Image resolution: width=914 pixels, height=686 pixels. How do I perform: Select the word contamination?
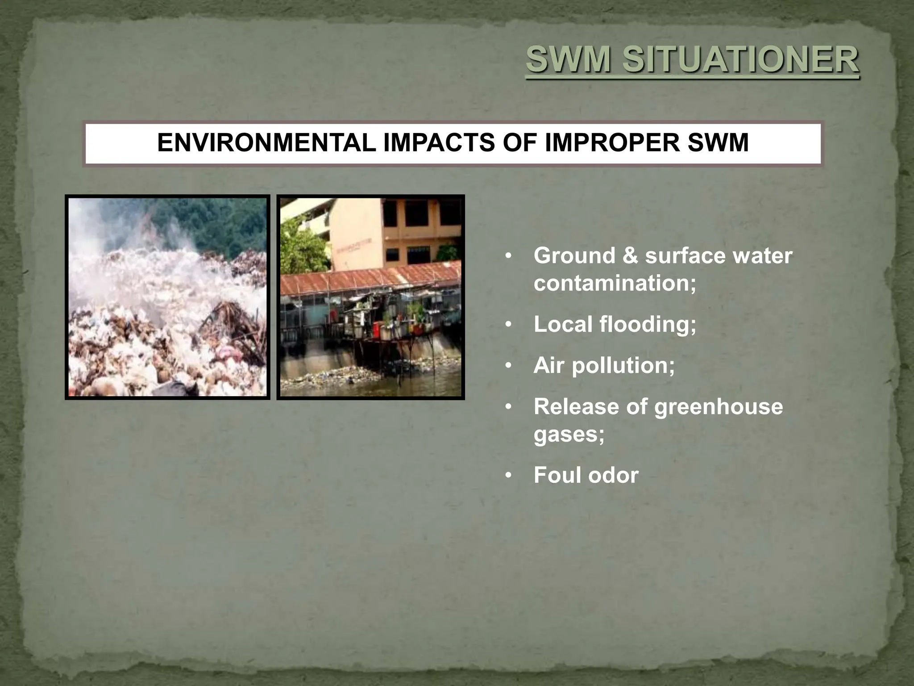click(615, 283)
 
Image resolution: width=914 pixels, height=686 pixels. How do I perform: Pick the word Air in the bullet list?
click(549, 365)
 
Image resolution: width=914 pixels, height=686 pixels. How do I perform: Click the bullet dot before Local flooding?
click(508, 325)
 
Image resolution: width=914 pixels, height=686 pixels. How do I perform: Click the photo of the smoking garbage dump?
click(167, 297)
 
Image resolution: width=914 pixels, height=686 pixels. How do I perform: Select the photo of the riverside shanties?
click(370, 297)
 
